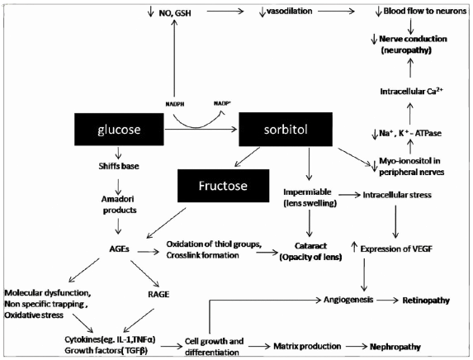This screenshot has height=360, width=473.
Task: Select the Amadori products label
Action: click(121, 206)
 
